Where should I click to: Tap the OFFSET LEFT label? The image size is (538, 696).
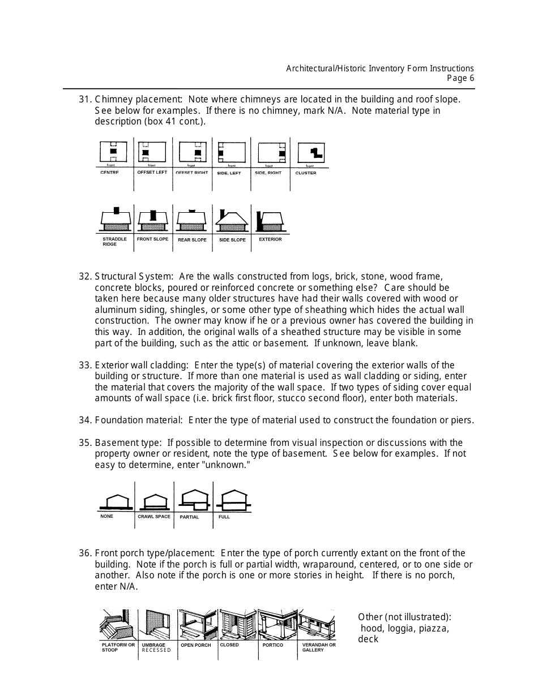click(152, 172)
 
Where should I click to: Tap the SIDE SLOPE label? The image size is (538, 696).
click(232, 240)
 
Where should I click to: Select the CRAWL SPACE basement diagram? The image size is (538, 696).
click(154, 501)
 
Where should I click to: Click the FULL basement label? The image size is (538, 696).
click(224, 517)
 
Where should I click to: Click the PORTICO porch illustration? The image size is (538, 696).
click(277, 625)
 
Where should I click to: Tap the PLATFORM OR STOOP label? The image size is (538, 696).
click(118, 647)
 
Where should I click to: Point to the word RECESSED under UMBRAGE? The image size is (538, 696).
click(156, 650)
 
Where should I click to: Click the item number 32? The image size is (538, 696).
click(85, 277)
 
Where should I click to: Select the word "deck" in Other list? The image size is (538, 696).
click(368, 639)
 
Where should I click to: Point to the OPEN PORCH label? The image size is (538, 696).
click(195, 645)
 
